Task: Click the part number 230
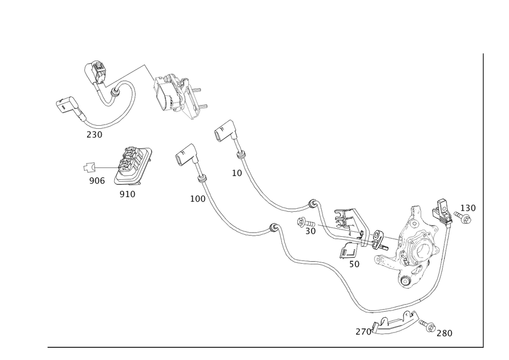pos(94,134)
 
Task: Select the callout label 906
pos(97,181)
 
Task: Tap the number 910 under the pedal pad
pos(127,195)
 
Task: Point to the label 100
pos(197,199)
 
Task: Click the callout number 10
pos(237,173)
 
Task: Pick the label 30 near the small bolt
pos(310,231)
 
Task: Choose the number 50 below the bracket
pos(354,265)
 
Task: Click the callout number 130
pos(468,208)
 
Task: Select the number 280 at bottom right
pos(444,333)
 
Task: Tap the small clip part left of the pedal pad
pos(90,167)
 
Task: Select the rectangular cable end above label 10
pos(223,130)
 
